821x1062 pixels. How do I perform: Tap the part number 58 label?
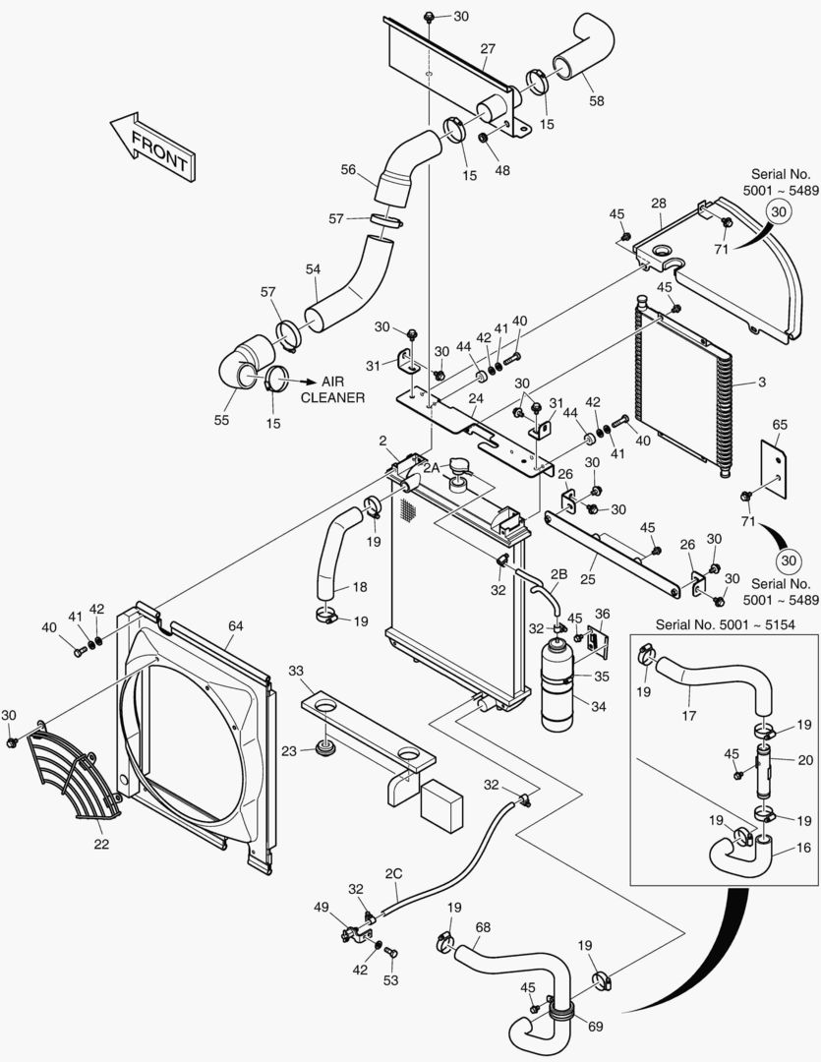pyautogui.click(x=596, y=99)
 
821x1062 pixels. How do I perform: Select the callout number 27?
pyautogui.click(x=488, y=48)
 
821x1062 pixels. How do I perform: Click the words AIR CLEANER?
pyautogui.click(x=332, y=389)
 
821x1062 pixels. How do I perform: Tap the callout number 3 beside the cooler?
pyautogui.click(x=761, y=381)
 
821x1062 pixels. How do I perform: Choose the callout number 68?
pyautogui.click(x=483, y=927)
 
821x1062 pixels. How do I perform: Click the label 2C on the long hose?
pyautogui.click(x=393, y=874)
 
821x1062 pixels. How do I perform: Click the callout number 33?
pyautogui.click(x=296, y=670)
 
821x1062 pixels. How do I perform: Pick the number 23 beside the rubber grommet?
pyautogui.click(x=288, y=750)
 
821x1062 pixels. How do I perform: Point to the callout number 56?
pyautogui.click(x=348, y=169)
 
